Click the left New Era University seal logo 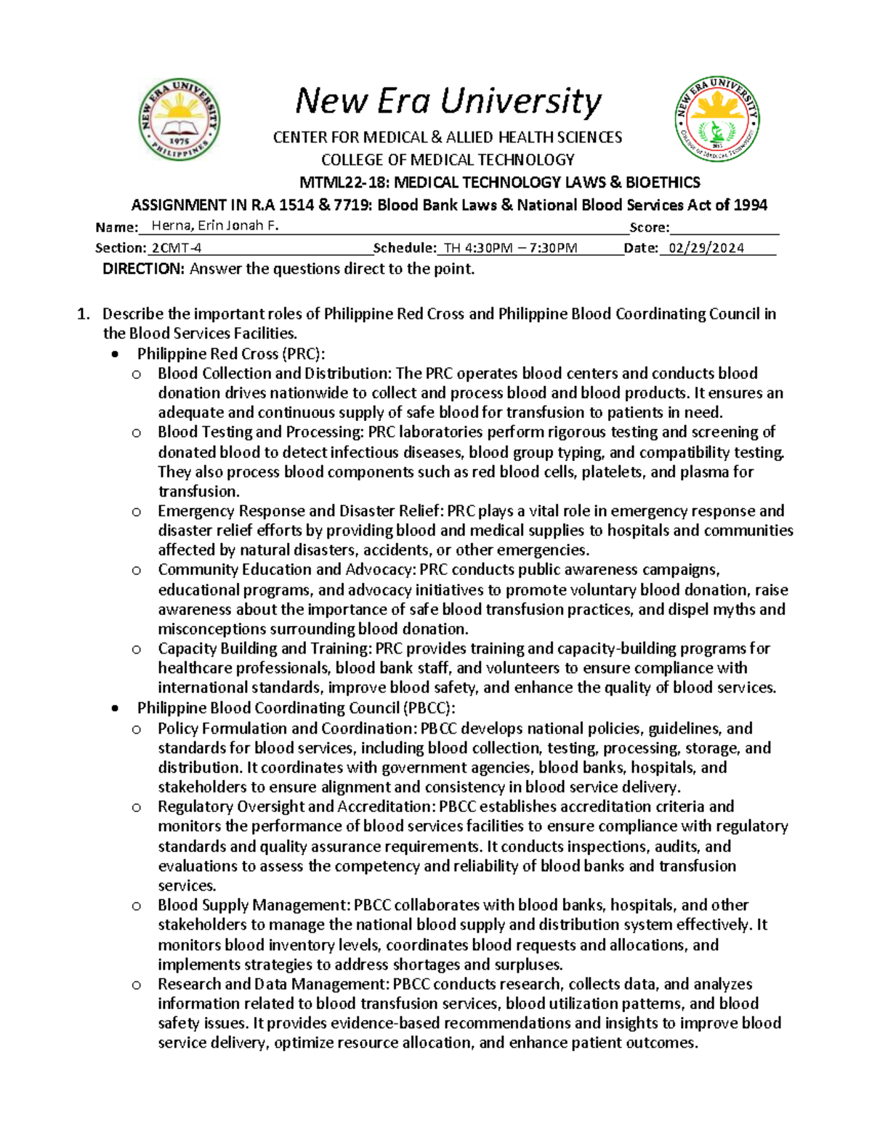pyautogui.click(x=179, y=120)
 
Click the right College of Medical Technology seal pyautogui.click(x=717, y=119)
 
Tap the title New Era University pyautogui.click(x=448, y=101)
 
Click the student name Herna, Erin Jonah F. pyautogui.click(x=215, y=226)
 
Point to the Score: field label pyautogui.click(x=649, y=228)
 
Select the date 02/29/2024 pyautogui.click(x=706, y=248)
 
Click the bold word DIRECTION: pyautogui.click(x=144, y=269)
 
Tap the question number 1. pyautogui.click(x=84, y=314)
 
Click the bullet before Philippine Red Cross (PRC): pyautogui.click(x=115, y=355)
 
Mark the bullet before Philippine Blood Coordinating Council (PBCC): pyautogui.click(x=115, y=709)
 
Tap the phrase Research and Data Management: pyautogui.click(x=273, y=984)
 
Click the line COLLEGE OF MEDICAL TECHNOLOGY pyautogui.click(x=448, y=160)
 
